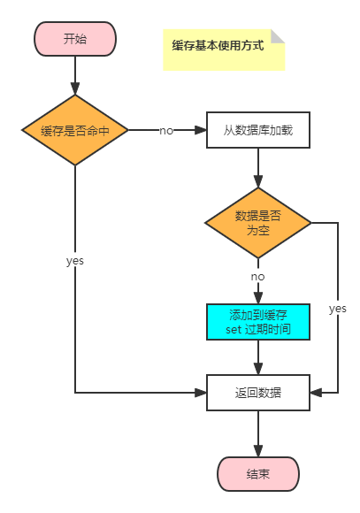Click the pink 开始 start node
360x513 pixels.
[75, 39]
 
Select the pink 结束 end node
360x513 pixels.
[258, 474]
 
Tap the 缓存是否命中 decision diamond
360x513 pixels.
[75, 130]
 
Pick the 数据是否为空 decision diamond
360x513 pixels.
[258, 223]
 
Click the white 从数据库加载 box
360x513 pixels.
[258, 130]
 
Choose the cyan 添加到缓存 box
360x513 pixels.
[258, 323]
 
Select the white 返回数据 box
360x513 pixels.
[258, 392]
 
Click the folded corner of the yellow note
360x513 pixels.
[279, 35]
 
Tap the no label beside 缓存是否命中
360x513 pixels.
[166, 131]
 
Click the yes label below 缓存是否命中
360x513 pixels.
[75, 261]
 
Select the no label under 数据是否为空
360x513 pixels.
[257, 277]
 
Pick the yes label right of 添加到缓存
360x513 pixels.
[338, 308]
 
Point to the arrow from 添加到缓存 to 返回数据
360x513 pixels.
[258, 357]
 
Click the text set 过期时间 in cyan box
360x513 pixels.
[258, 331]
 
